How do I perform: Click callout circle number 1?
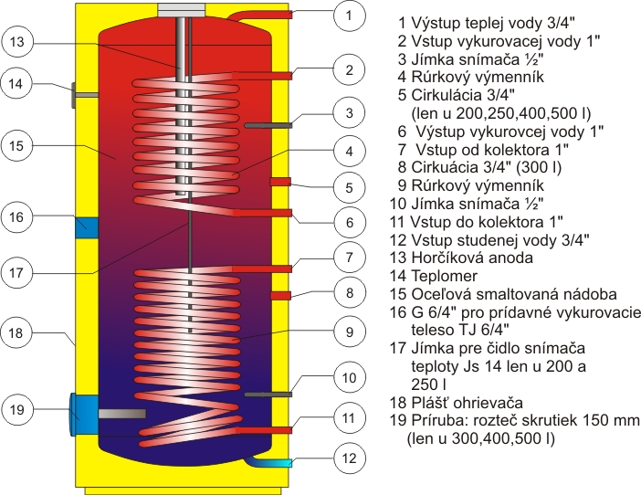[349, 15]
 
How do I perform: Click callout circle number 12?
[349, 458]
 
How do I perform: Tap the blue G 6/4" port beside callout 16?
[87, 224]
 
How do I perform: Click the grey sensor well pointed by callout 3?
[267, 124]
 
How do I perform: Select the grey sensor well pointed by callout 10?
[267, 394]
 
